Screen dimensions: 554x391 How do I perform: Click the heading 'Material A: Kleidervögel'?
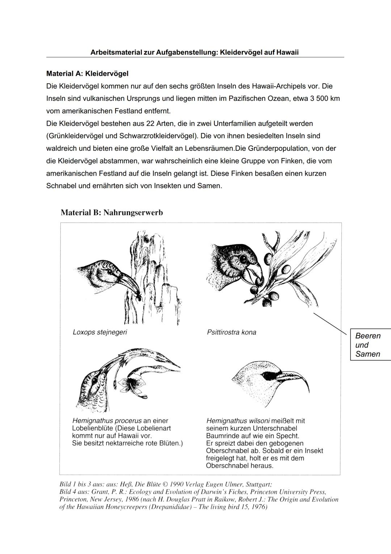tap(87, 74)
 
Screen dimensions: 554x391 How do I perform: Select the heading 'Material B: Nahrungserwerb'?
tap(112, 212)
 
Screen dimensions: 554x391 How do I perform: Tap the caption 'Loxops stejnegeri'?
tap(100, 332)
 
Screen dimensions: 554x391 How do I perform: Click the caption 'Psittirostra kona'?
tap(231, 332)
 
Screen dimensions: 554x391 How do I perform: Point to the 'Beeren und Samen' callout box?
tap(370, 345)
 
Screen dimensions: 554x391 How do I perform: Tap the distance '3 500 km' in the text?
tap(325, 99)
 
